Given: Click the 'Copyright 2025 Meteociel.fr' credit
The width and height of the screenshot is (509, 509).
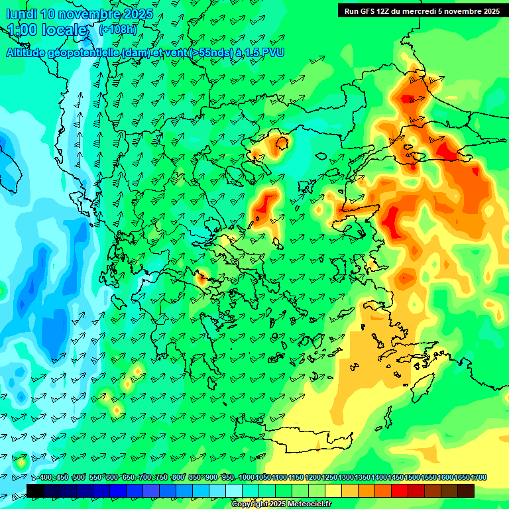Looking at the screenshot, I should (x=281, y=504).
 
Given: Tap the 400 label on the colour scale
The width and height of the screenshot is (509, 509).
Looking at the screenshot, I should (x=46, y=477).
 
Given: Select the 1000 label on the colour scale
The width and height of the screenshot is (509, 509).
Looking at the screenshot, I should (x=247, y=477).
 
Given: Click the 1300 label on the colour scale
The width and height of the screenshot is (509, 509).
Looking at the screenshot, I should (x=346, y=477).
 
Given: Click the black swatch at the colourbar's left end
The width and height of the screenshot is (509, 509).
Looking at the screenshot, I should (x=35, y=490).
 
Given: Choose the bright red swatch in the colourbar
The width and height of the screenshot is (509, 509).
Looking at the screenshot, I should (x=400, y=490).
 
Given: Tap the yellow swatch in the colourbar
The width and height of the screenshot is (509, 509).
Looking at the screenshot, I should (x=333, y=490).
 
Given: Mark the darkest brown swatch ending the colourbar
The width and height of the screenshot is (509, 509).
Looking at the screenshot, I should (x=466, y=490).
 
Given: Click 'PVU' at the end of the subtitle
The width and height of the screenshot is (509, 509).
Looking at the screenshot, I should (x=271, y=52).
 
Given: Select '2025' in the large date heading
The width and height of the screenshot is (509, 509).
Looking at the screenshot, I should (x=138, y=14).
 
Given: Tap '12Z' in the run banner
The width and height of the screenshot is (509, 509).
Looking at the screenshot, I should (x=386, y=11).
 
